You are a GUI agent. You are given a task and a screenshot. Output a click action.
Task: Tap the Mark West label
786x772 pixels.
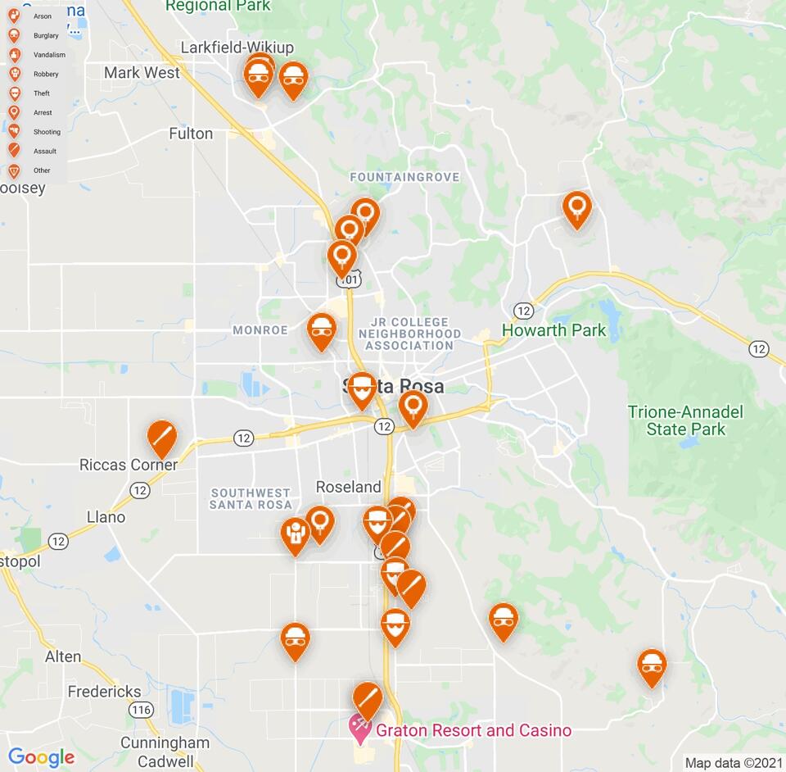click(x=142, y=73)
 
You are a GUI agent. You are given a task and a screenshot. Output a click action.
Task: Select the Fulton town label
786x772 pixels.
click(x=191, y=134)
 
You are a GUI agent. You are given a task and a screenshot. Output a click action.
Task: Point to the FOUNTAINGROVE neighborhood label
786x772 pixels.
click(x=404, y=177)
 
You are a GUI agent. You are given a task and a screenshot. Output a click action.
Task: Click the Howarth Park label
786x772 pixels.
click(x=553, y=330)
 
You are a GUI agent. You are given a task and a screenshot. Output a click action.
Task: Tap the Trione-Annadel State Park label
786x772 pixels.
click(x=685, y=420)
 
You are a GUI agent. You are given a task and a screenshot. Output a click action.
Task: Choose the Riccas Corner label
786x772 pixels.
click(x=129, y=465)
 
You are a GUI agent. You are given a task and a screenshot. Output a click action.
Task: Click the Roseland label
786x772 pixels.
click(x=349, y=487)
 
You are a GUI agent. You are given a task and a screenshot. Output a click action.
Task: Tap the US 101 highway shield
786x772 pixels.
click(x=348, y=280)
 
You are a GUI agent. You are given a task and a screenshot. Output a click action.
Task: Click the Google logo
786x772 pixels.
click(x=41, y=757)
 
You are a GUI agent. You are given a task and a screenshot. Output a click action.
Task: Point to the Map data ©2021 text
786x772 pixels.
click(x=734, y=763)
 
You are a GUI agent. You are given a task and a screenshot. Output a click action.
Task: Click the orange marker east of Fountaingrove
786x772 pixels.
click(x=577, y=208)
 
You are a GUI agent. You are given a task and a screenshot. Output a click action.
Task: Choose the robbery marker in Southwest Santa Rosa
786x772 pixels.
click(x=295, y=534)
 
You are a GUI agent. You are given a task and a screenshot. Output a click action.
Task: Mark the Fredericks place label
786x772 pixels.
click(x=104, y=692)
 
